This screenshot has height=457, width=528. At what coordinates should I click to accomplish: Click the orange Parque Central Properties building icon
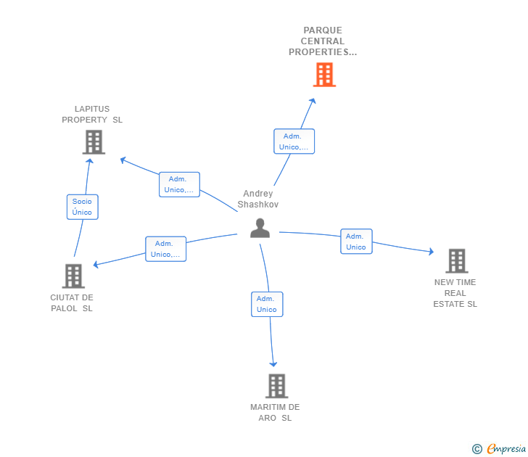[324, 75]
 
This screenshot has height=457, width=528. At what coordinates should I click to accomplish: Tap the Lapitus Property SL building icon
[94, 142]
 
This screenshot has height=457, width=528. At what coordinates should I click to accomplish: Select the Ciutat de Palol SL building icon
[73, 276]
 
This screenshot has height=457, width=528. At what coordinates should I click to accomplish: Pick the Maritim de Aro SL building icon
[276, 386]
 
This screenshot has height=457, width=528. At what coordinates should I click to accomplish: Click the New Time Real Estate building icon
[456, 261]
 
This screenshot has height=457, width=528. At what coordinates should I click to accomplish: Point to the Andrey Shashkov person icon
[260, 228]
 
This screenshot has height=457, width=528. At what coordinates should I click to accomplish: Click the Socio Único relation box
[82, 207]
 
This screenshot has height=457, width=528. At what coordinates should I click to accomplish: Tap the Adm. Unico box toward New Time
[356, 242]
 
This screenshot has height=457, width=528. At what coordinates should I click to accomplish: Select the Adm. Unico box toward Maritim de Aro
[266, 304]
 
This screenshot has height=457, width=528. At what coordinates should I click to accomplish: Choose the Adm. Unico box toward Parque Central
[294, 141]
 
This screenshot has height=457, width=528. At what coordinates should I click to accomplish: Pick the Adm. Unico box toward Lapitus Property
[179, 184]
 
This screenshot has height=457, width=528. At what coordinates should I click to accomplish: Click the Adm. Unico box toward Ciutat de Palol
[165, 249]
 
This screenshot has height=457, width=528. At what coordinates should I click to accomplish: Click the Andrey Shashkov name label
[258, 199]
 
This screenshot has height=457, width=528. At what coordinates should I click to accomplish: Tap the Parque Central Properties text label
[323, 41]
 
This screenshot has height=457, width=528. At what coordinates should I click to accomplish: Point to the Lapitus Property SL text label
[92, 115]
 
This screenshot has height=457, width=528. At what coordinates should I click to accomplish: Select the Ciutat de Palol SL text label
[72, 302]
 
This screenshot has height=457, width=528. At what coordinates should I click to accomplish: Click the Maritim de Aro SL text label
[275, 412]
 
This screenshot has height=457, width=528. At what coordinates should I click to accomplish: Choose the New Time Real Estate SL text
[455, 293]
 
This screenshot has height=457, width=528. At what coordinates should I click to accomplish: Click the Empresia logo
[506, 449]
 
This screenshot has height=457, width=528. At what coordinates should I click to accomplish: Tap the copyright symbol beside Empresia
[477, 449]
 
